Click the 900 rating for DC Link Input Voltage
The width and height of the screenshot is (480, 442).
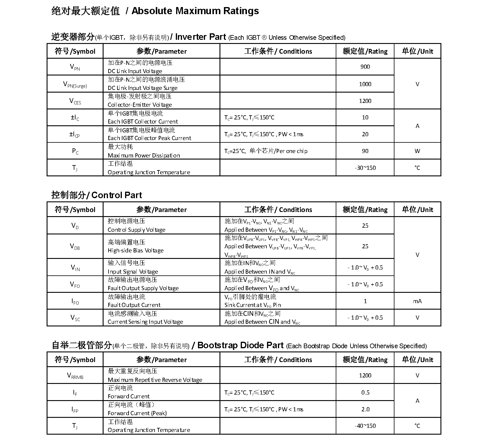(365, 67)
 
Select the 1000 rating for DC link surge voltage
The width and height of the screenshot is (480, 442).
(365, 84)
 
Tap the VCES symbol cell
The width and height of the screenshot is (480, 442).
(75, 101)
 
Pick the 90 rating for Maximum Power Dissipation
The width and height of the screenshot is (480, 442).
(365, 151)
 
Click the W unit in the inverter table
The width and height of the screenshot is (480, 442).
(417, 151)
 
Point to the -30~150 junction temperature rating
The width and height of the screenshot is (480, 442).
(365, 168)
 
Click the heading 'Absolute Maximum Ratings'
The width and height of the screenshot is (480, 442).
(195, 11)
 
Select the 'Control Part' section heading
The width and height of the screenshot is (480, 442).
(117, 195)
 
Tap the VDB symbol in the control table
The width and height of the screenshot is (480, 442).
(75, 247)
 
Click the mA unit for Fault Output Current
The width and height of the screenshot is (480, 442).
(417, 301)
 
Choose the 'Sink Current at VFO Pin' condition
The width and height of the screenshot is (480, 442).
(253, 305)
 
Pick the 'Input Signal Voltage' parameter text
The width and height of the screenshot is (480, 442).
(133, 272)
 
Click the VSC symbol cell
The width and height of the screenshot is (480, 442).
(75, 318)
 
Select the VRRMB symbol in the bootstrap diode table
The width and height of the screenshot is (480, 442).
(75, 376)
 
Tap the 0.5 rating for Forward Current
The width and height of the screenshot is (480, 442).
(365, 392)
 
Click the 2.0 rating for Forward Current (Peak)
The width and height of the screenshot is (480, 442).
(365, 409)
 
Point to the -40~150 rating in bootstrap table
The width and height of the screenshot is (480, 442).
(365, 426)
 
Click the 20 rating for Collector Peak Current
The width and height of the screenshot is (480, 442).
(365, 134)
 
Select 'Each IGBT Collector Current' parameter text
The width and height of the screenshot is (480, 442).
(143, 121)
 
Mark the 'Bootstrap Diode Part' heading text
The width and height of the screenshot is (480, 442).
(240, 345)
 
